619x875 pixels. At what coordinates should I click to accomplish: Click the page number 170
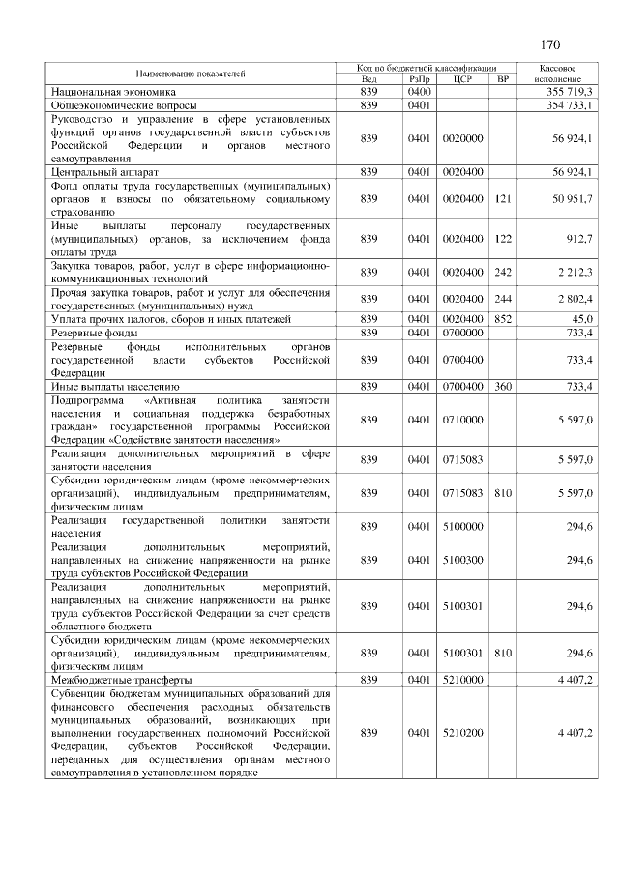click(x=551, y=44)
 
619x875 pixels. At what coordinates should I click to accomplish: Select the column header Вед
click(x=368, y=79)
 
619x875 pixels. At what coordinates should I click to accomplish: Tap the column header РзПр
click(x=419, y=79)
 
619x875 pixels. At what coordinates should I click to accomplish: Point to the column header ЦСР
click(x=461, y=79)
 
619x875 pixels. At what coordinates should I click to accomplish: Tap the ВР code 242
click(x=502, y=273)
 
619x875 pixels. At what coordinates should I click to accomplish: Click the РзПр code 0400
click(x=419, y=91)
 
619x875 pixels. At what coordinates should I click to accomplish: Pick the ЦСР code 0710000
click(x=461, y=421)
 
